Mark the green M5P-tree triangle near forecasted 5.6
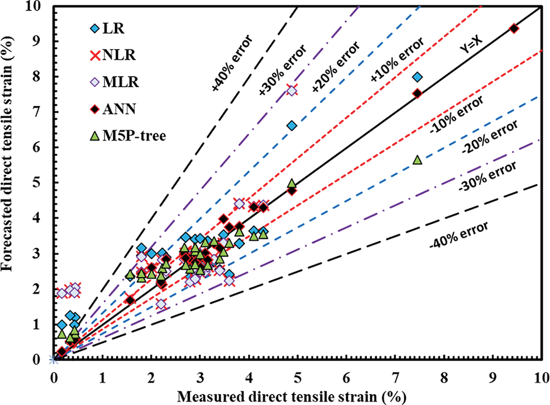[x=417, y=160]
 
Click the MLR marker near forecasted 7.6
[x=291, y=91]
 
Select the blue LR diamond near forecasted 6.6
[x=292, y=126]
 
